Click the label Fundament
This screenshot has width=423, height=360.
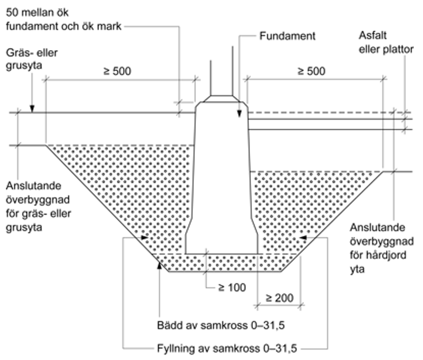pyautogui.click(x=287, y=37)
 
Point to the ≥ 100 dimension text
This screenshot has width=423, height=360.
pyautogui.click(x=231, y=287)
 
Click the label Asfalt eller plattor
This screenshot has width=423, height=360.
pyautogui.click(x=386, y=43)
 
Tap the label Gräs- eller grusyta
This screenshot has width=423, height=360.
pyautogui.click(x=31, y=60)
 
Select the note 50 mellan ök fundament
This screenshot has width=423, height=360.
pyautogui.click(x=63, y=18)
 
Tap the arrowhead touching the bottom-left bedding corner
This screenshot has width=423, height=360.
pyautogui.click(x=158, y=263)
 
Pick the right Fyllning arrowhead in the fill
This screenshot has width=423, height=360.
pyautogui.click(x=302, y=237)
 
